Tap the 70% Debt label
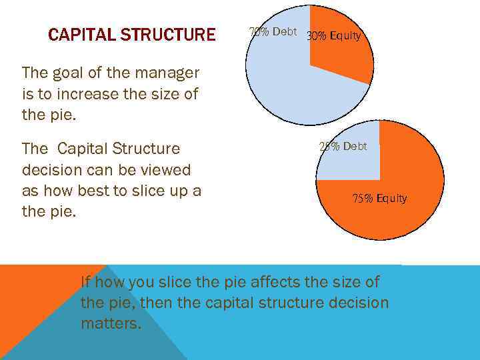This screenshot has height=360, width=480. click(x=272, y=31)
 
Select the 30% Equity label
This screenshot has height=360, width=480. click(x=333, y=36)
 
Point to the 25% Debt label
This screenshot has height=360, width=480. click(x=343, y=146)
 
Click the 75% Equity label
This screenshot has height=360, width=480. click(x=379, y=198)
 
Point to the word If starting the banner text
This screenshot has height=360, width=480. click(x=86, y=281)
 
